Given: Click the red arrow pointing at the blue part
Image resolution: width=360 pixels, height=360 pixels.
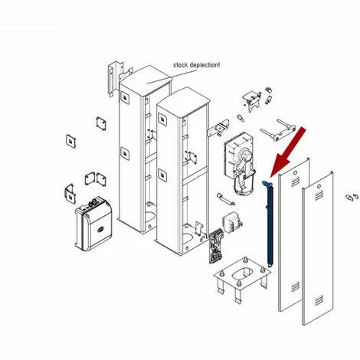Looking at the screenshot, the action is [x=288, y=152].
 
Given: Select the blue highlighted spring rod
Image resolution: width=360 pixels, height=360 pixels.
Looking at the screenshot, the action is [x=268, y=224].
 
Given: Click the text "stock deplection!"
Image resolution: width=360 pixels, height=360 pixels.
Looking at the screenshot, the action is [x=196, y=65].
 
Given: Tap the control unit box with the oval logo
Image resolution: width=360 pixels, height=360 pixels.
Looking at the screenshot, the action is [x=93, y=223].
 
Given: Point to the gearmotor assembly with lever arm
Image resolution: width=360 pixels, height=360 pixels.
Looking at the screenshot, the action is [x=240, y=163].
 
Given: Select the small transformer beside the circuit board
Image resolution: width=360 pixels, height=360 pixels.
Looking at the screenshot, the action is [x=232, y=224].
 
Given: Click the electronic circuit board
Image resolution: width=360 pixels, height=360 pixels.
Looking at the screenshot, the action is [x=216, y=246].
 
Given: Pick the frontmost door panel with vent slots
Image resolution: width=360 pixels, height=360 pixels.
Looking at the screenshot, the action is [x=318, y=248].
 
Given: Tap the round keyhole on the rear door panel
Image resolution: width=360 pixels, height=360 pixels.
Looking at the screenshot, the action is [x=295, y=173].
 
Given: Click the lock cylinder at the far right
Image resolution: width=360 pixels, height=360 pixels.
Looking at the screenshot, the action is [x=352, y=197].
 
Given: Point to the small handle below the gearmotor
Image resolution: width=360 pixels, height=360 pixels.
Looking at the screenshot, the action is [x=226, y=199].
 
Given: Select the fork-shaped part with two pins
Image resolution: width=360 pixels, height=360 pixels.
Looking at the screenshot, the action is [x=278, y=130].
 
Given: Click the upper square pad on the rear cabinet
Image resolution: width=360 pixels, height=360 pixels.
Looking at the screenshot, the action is [x=125, y=97].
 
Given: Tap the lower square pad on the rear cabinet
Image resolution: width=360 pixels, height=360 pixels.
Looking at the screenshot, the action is [x=125, y=153].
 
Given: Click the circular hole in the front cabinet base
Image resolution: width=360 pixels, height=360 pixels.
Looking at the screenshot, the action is [x=188, y=237].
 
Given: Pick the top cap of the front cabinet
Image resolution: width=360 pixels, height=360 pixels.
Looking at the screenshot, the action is [x=184, y=102].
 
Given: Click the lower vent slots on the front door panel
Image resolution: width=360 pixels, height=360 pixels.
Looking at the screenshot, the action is [x=319, y=300].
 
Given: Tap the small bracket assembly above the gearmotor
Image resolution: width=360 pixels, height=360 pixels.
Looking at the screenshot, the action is [x=252, y=100].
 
